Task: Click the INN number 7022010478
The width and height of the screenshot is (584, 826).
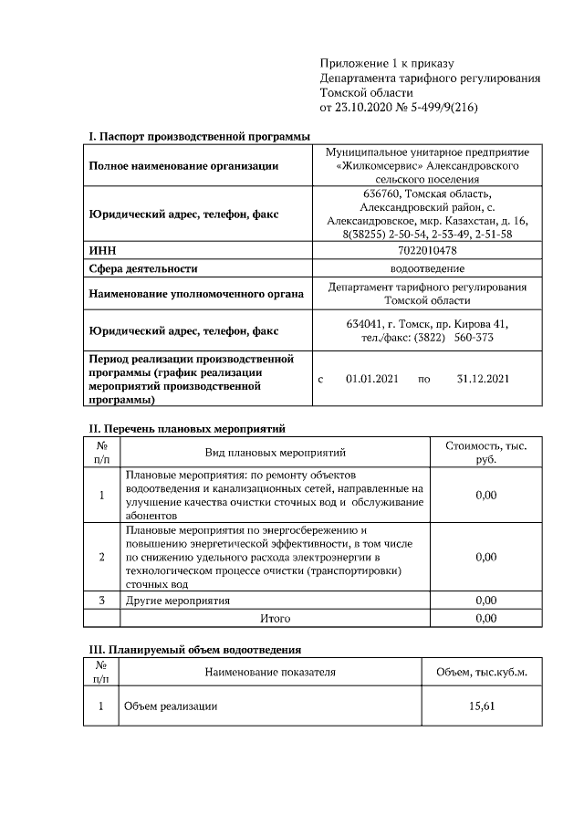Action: pyautogui.click(x=427, y=250)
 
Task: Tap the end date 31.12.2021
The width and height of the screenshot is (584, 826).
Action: pyautogui.click(x=482, y=379)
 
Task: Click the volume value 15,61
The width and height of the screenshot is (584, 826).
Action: pyautogui.click(x=486, y=706)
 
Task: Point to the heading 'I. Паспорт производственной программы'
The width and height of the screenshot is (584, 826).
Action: pyautogui.click(x=199, y=137)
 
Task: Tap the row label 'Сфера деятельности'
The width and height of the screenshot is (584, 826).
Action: pyautogui.click(x=142, y=268)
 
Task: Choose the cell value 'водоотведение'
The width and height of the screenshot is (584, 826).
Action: pyautogui.click(x=427, y=268)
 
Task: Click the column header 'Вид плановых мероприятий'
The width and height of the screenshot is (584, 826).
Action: pyautogui.click(x=275, y=453)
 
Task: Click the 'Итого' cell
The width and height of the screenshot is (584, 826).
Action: pyautogui.click(x=275, y=619)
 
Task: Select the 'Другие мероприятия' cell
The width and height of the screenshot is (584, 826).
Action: pyautogui.click(x=177, y=601)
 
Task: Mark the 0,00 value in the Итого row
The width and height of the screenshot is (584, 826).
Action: pyautogui.click(x=486, y=619)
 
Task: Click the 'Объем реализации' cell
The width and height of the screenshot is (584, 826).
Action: pyautogui.click(x=171, y=706)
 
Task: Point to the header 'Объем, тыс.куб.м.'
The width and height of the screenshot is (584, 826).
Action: pyautogui.click(x=486, y=673)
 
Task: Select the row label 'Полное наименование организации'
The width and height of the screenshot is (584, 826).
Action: pyautogui.click(x=183, y=166)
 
